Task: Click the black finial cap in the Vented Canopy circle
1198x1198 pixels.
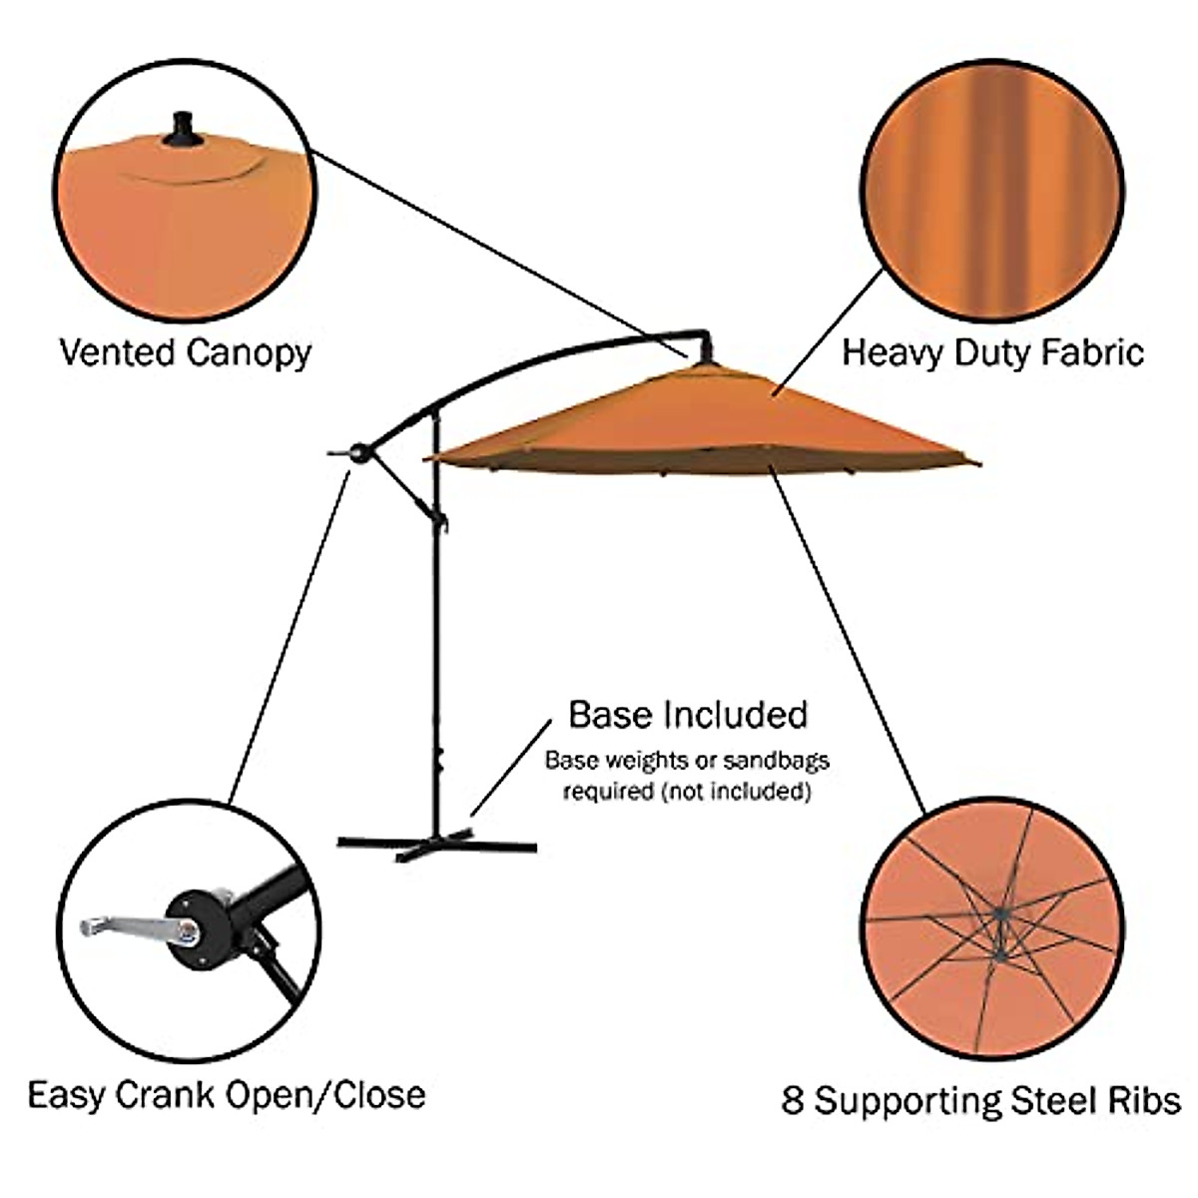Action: pos(182,131)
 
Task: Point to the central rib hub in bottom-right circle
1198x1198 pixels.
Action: pos(998,911)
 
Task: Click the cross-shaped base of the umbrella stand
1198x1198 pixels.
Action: pos(436,845)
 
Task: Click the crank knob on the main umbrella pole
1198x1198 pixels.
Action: pos(358,454)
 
